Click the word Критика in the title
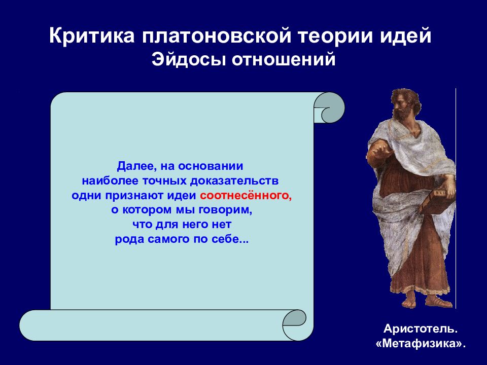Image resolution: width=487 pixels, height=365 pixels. [92, 35]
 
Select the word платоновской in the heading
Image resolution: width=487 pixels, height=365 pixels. [217, 36]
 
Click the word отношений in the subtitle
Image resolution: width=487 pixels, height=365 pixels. [284, 59]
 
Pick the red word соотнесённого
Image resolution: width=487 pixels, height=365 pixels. [246, 196]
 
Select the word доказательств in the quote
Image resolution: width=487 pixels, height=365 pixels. [234, 181]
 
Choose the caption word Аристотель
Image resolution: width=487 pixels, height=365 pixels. [421, 328]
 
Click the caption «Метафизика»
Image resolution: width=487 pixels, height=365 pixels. [421, 344]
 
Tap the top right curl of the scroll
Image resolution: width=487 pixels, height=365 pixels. [330, 107]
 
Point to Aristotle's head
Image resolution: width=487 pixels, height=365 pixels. [406, 104]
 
